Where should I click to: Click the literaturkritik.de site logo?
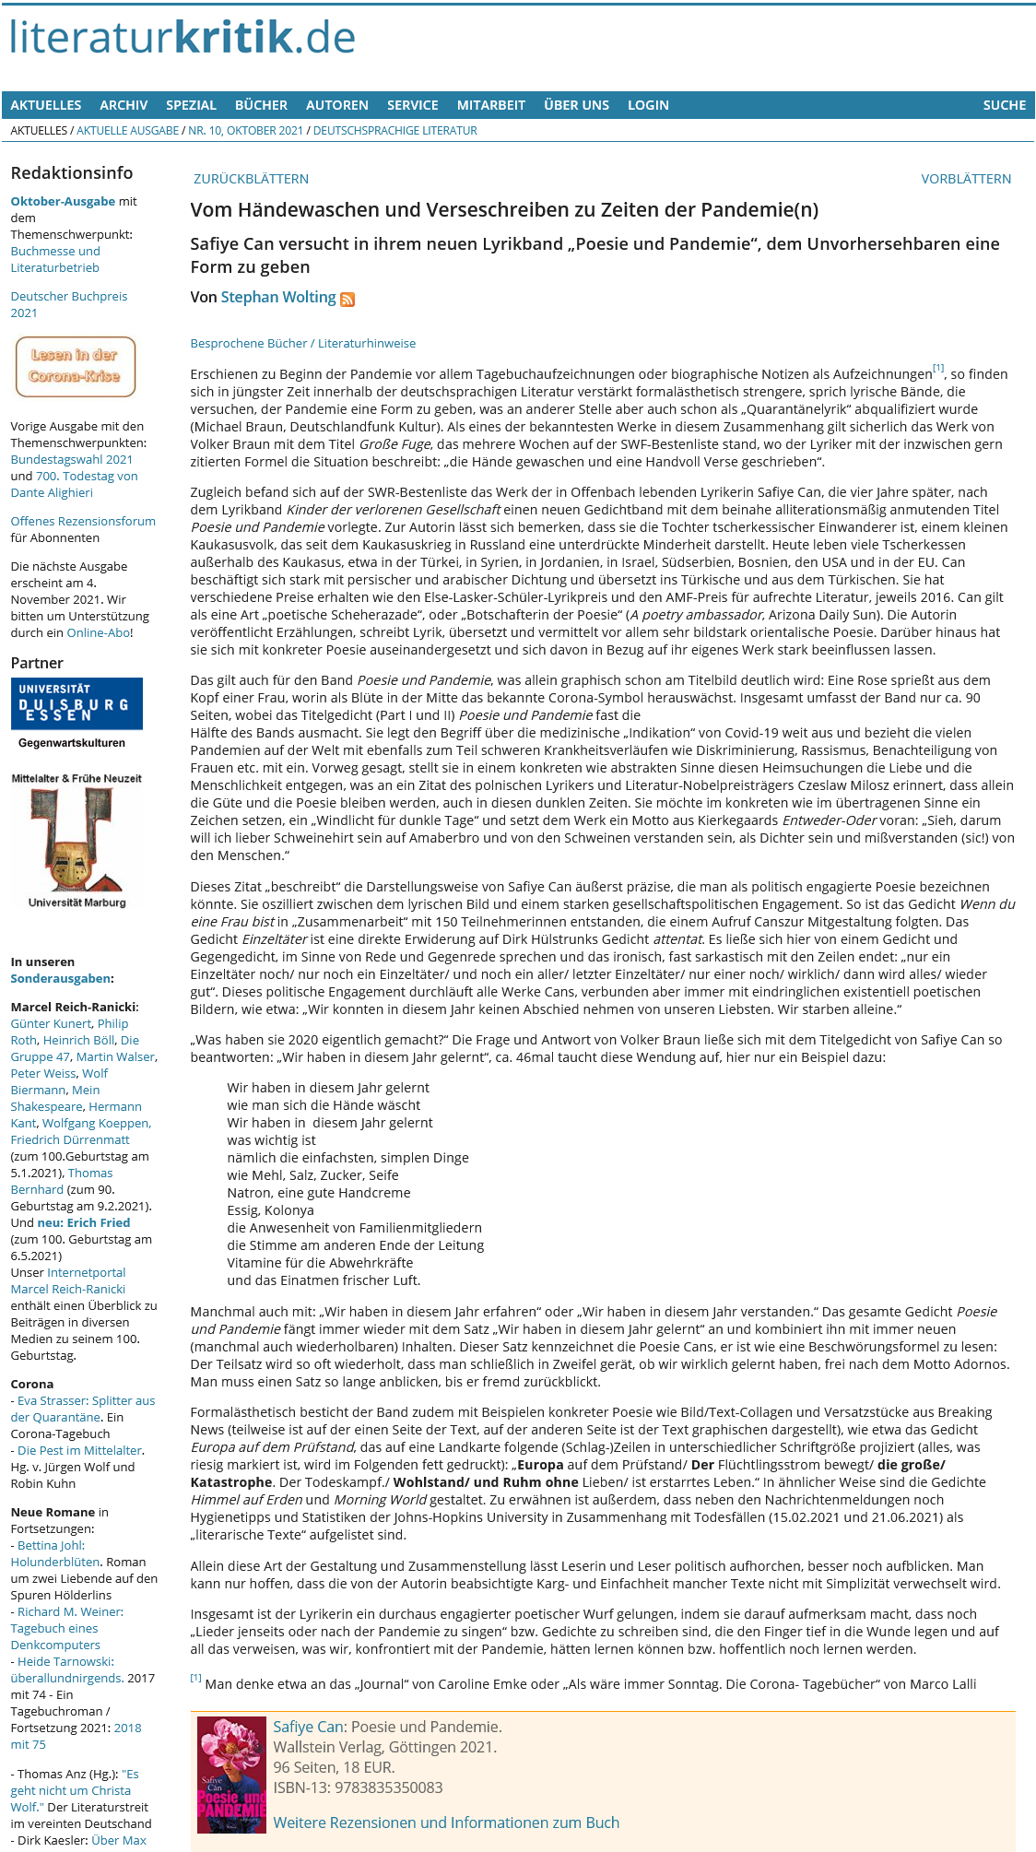182,38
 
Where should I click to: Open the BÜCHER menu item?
261,105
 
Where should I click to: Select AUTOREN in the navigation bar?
336,105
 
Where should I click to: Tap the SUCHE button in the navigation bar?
1004,105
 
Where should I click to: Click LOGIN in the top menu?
648,105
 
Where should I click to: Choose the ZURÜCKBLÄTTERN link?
251,179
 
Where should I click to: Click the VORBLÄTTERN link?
965,179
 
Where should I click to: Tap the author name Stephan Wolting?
278,297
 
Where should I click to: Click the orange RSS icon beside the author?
347,299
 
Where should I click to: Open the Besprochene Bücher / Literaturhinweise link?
302,343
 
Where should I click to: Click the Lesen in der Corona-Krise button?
75,366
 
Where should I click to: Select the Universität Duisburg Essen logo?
77,703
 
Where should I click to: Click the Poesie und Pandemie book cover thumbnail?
231,1775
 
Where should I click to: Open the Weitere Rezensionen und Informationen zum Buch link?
446,1823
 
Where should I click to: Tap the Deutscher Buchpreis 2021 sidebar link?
68,304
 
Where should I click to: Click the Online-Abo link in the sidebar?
98,632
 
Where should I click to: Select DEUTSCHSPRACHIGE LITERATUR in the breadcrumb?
394,131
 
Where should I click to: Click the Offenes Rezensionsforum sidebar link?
83,521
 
